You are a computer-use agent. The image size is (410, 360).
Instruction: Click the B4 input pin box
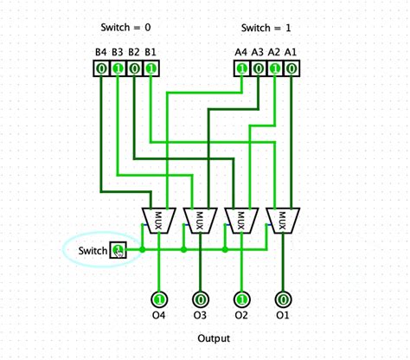[101, 67]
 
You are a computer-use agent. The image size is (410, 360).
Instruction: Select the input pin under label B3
[118, 67]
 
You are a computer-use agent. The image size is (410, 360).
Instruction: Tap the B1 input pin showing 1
[151, 67]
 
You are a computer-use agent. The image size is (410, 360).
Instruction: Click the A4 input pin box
[241, 67]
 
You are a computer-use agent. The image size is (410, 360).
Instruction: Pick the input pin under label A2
[275, 67]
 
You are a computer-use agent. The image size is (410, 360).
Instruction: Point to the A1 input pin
[291, 67]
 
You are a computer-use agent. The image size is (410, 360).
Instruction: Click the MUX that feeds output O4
[158, 220]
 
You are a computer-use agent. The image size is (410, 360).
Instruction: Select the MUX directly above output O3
[200, 220]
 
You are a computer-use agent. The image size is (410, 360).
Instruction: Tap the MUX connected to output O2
[241, 220]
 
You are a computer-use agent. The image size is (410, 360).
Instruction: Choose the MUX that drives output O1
[283, 220]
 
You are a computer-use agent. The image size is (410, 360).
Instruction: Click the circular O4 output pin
[158, 299]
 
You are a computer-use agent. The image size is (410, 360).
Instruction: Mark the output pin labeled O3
[200, 299]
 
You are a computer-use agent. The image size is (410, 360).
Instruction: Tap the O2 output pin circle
[241, 299]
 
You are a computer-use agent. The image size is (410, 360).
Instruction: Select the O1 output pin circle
[283, 299]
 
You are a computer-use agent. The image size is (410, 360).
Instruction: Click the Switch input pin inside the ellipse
[118, 251]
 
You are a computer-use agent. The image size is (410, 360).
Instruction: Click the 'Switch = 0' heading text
[125, 27]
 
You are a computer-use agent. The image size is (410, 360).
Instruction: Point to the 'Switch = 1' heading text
[266, 27]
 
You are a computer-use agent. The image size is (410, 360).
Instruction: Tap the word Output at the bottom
[214, 338]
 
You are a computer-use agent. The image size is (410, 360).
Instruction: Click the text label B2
[134, 52]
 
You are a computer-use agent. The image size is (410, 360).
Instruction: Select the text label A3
[258, 52]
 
